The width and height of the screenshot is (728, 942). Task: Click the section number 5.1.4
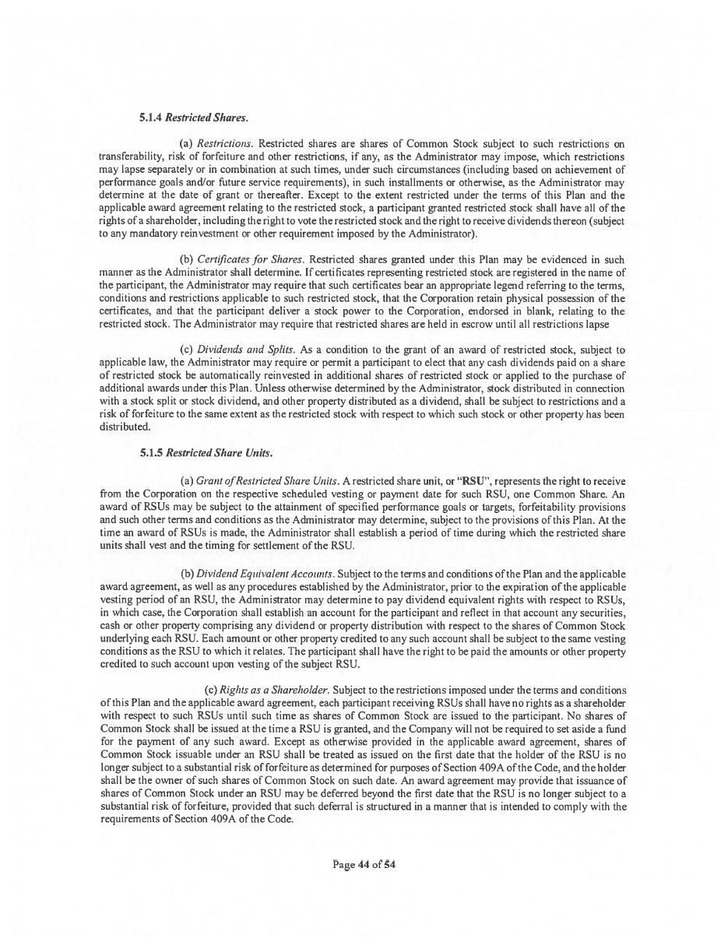click(151, 118)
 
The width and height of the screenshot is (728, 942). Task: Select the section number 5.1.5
click(151, 452)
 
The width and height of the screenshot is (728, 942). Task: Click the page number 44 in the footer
click(364, 864)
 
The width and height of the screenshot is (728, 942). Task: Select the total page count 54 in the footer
click(389, 864)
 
